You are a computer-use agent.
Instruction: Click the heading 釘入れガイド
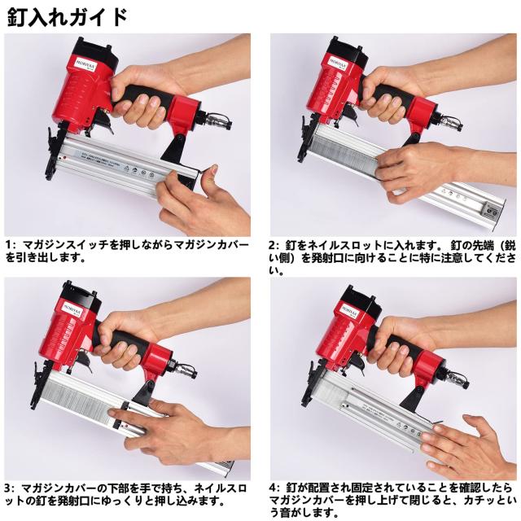pos(68,17)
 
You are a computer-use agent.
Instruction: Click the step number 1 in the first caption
pos(10,245)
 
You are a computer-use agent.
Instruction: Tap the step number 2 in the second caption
pos(273,246)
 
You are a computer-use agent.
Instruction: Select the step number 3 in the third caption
pos(8,488)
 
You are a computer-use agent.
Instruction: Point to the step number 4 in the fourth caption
pos(273,488)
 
